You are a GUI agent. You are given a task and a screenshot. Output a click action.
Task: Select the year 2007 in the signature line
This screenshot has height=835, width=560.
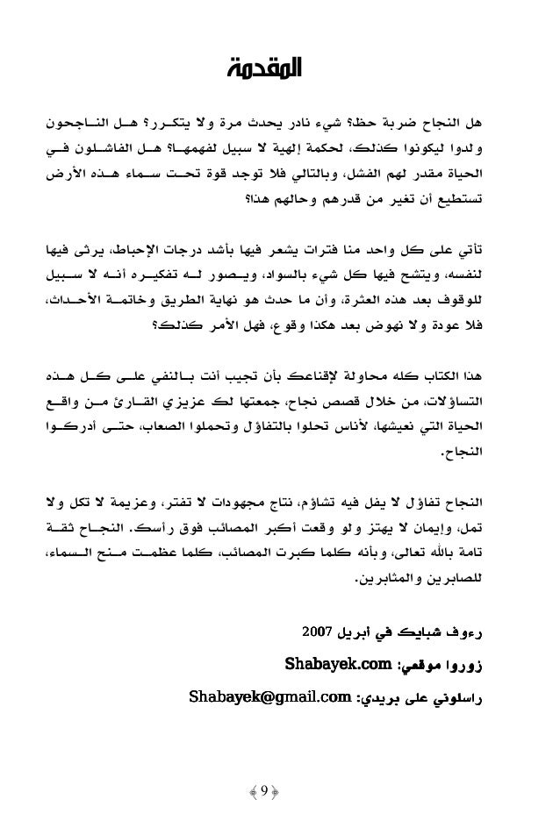317,632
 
